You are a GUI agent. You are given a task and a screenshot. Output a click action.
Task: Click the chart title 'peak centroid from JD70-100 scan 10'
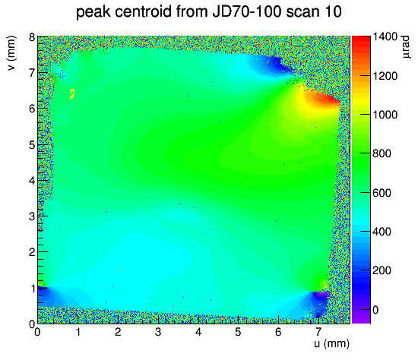pyautogui.click(x=209, y=11)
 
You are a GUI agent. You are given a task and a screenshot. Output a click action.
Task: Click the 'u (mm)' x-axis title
pyautogui.click(x=331, y=343)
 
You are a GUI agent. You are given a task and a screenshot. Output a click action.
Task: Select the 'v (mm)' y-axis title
pyautogui.click(x=11, y=53)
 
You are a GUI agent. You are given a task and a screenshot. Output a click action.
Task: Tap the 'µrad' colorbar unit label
pyautogui.click(x=405, y=47)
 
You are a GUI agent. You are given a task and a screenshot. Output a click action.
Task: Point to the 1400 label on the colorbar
pyautogui.click(x=385, y=36)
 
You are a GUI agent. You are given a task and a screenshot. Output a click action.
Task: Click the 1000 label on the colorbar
pyautogui.click(x=385, y=115)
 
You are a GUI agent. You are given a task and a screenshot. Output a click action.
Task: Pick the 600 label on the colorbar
pyautogui.click(x=382, y=193)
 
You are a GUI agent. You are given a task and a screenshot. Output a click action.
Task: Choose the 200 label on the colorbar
pyautogui.click(x=382, y=270)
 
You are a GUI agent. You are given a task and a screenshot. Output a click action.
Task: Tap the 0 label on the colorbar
pyautogui.click(x=375, y=310)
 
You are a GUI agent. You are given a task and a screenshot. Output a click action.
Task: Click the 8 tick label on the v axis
pyautogui.click(x=32, y=36)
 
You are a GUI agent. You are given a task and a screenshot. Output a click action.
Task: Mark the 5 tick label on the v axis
pyautogui.click(x=32, y=145)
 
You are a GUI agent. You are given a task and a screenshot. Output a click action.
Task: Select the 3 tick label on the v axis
pyautogui.click(x=32, y=216)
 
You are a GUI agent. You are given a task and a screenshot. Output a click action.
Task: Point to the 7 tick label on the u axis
pyautogui.click(x=318, y=332)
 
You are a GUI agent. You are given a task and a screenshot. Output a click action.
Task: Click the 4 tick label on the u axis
pyautogui.click(x=198, y=332)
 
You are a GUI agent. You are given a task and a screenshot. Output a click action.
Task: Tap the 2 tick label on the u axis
pyautogui.click(x=118, y=332)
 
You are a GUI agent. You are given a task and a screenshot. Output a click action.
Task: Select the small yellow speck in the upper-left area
pyautogui.click(x=72, y=93)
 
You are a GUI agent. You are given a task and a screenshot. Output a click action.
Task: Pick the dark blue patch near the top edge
pyautogui.click(x=274, y=64)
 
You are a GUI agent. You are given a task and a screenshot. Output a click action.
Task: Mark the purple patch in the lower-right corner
pyautogui.click(x=321, y=295)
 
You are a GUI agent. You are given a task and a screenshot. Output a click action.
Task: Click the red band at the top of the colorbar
pyautogui.click(x=361, y=40)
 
